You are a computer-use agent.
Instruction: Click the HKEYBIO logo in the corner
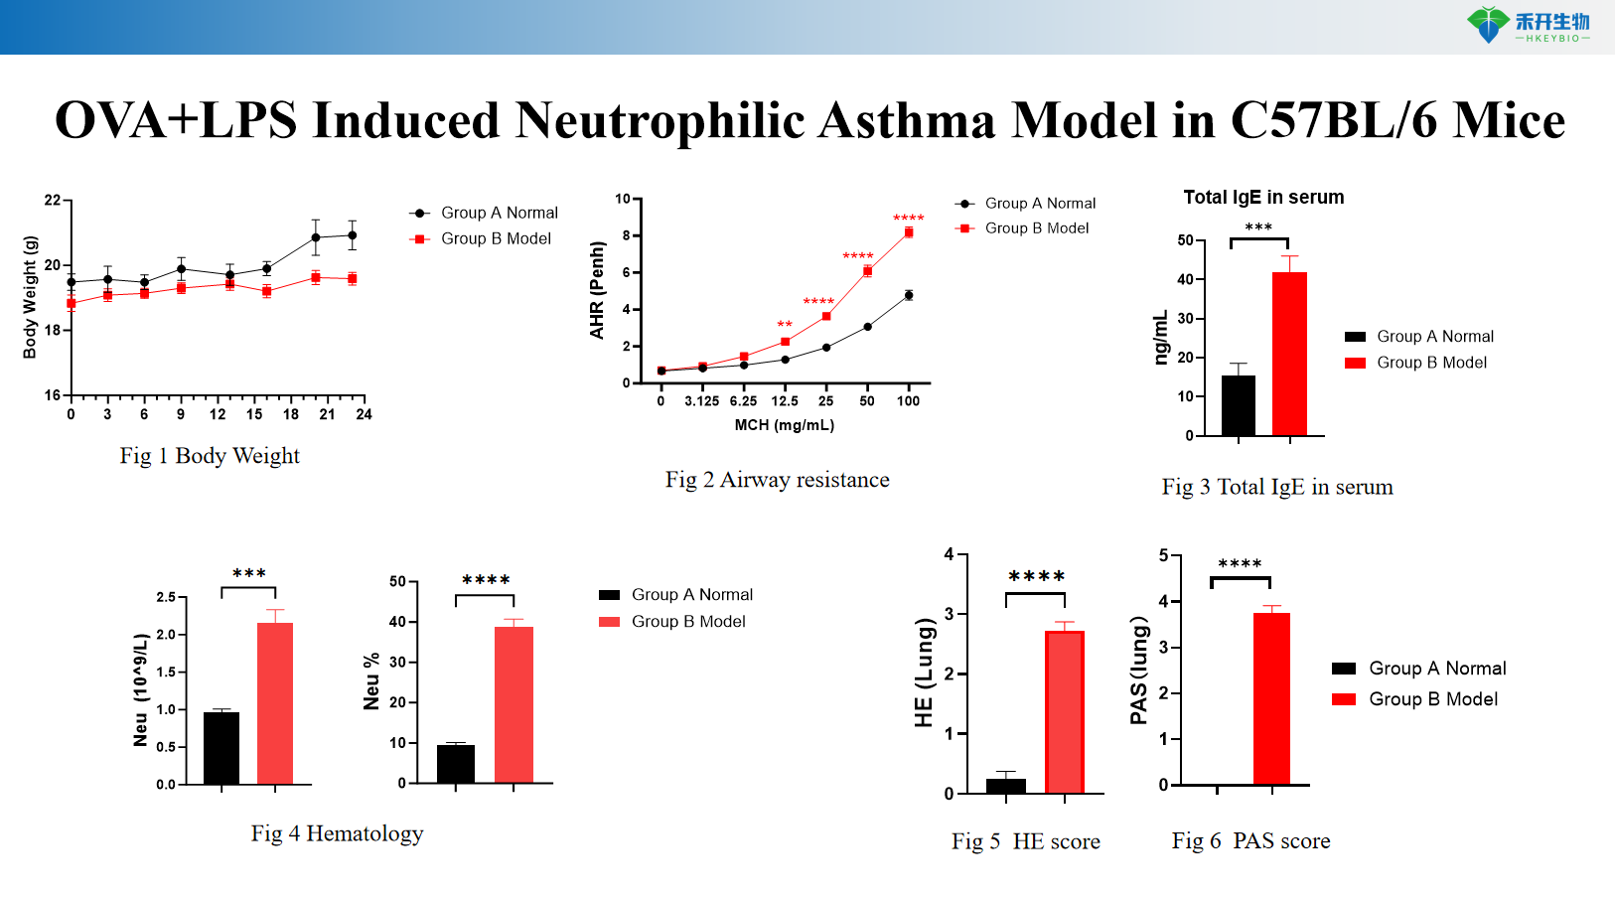(x=1528, y=25)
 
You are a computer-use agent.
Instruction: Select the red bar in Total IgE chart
(x=1289, y=354)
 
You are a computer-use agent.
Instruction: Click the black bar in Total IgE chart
(x=1238, y=405)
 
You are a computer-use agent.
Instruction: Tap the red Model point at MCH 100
(x=908, y=232)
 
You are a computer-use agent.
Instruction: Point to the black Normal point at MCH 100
(x=908, y=295)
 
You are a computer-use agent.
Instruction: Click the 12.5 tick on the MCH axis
(x=785, y=401)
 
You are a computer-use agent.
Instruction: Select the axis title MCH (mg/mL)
(x=784, y=425)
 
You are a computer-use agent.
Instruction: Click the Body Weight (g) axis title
(x=30, y=297)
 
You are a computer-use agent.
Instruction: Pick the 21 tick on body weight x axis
(x=327, y=414)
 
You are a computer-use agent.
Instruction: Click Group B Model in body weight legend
(x=495, y=238)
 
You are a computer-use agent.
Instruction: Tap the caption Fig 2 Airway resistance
(x=777, y=480)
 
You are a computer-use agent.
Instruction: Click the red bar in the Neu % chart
(x=514, y=704)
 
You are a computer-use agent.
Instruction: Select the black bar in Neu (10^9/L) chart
(x=220, y=748)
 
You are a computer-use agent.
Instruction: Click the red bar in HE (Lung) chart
(x=1064, y=711)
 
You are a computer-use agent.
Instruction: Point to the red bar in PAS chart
(x=1270, y=698)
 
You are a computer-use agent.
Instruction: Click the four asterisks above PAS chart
(x=1240, y=563)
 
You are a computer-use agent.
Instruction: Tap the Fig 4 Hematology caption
(x=337, y=833)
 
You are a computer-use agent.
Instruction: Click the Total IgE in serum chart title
(x=1263, y=197)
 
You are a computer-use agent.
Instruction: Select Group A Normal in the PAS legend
(x=1436, y=669)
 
